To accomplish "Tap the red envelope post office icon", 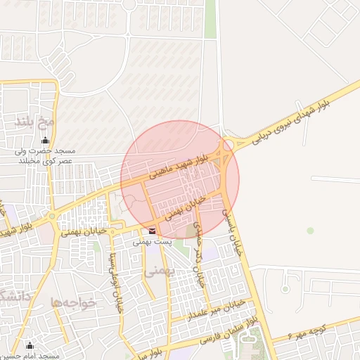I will tap(153, 230).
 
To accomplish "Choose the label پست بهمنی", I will tap(153, 241).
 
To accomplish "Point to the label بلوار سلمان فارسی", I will tap(229, 333).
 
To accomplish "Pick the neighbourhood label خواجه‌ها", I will tap(72, 302).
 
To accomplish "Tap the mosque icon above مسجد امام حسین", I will tap(30, 345).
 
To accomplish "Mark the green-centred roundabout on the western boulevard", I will tap(52, 217).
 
